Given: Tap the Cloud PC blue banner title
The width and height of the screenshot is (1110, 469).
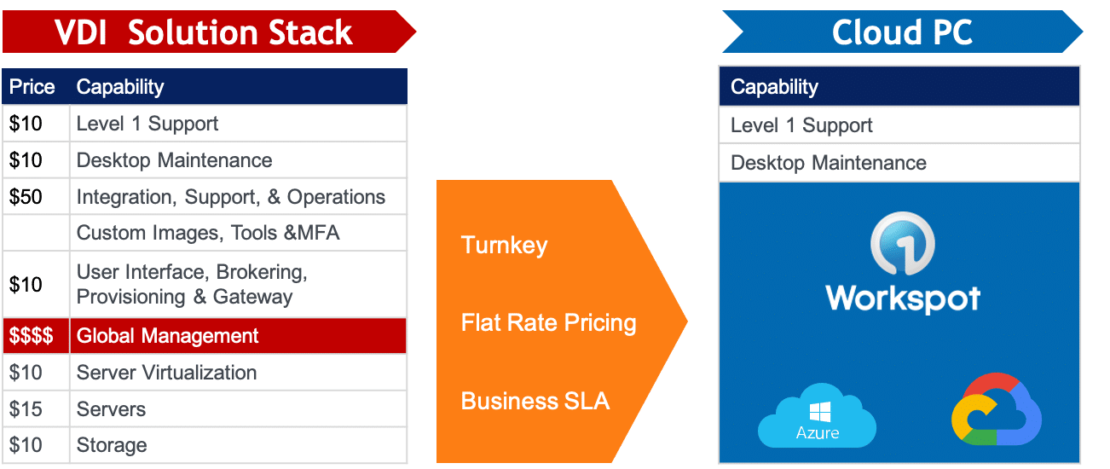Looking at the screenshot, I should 902,32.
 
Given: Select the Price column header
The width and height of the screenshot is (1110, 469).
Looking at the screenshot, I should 32,87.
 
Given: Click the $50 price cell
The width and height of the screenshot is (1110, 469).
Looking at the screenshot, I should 26,197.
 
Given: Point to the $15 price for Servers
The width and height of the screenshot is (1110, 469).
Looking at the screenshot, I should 26,409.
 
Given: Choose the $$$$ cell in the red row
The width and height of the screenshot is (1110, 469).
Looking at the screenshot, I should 32,336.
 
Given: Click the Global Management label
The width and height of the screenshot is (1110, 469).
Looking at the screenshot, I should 167,336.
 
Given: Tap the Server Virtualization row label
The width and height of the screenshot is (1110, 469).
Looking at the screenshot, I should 166,373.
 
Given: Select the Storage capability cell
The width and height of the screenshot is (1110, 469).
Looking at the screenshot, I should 112,445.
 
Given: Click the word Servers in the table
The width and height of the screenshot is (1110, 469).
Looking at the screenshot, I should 111,409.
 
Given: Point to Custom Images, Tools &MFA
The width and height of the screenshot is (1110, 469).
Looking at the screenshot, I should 208,233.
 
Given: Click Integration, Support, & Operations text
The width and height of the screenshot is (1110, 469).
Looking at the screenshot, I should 230,197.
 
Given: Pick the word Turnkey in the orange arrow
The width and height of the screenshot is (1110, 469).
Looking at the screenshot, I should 504,246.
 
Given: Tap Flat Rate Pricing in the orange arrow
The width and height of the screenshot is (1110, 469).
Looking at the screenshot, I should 548,323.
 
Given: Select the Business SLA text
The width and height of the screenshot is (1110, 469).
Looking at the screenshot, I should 535,401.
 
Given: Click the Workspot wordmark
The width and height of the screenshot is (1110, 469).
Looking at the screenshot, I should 902,298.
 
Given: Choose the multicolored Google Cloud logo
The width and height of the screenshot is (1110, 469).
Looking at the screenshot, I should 997,411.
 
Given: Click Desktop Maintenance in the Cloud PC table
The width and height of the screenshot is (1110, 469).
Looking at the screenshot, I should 828,163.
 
